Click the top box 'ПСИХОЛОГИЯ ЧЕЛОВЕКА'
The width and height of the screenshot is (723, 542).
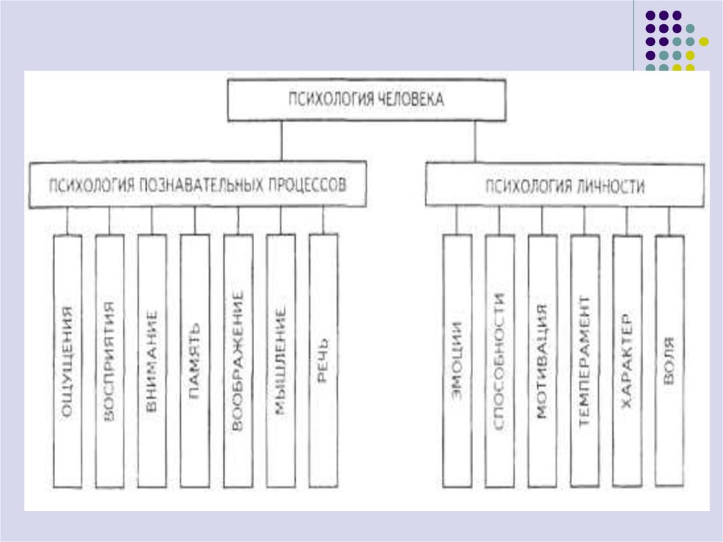coord(366,100)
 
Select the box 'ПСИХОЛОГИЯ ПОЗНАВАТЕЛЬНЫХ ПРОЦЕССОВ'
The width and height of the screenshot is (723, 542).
coord(198,185)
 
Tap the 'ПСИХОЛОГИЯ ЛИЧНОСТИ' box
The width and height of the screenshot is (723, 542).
coord(564,186)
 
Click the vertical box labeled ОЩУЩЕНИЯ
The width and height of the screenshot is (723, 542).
coord(68,360)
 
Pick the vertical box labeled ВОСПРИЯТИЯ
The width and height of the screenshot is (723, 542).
coord(109,360)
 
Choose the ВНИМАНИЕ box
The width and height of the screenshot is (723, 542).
coord(153,360)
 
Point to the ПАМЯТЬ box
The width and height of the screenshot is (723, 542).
coord(195,360)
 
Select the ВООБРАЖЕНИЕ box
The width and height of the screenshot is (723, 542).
coord(238,360)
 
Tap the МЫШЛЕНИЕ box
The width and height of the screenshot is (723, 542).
coord(280,360)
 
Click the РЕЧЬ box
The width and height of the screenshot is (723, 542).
coord(323,360)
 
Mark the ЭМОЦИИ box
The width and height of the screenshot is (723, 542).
coord(457,360)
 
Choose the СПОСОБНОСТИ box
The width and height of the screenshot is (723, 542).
coord(499,360)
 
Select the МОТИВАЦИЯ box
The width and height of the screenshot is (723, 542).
coord(542,360)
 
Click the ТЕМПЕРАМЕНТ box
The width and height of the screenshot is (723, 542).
coord(585,360)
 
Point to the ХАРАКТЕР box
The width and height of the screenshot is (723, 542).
coord(627,360)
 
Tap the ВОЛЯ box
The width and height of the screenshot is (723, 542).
coord(669,360)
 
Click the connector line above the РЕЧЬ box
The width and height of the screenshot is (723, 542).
coord(323,220)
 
